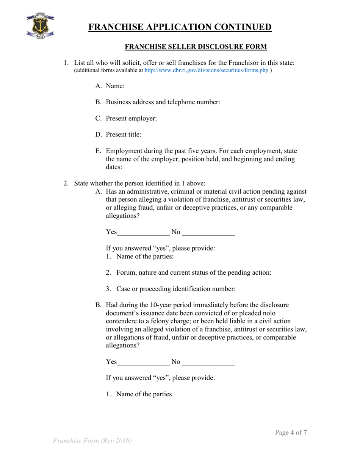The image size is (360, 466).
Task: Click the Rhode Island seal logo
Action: tap(40, 26)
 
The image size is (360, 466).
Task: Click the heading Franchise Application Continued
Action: tap(180, 27)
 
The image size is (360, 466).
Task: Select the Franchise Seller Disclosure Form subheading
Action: tap(196, 47)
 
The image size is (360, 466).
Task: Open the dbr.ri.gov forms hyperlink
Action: tap(207, 70)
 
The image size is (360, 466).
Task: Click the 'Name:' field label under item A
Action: tap(115, 86)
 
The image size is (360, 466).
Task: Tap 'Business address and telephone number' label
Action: tap(163, 102)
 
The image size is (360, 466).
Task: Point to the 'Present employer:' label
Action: tap(131, 119)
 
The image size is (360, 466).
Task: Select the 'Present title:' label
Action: tap(124, 134)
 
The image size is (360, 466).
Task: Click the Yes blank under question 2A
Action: tap(143, 232)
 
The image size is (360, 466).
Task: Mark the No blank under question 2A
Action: tap(208, 232)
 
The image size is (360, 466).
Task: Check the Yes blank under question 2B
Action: tap(143, 362)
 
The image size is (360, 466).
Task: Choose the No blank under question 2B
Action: tap(208, 362)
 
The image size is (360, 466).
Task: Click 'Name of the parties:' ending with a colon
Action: tap(145, 256)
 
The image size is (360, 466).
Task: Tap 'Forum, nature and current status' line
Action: tap(194, 273)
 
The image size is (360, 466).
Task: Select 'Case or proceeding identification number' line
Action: tap(176, 289)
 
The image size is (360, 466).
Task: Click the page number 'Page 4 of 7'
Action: tap(291, 432)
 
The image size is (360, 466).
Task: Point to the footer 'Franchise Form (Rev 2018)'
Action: tap(92, 441)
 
